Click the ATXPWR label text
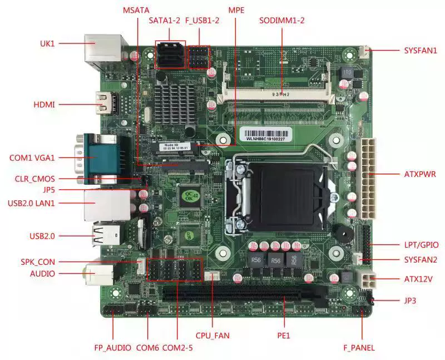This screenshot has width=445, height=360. [420, 174]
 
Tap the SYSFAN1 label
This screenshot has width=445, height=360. [421, 50]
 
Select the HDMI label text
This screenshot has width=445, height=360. [44, 105]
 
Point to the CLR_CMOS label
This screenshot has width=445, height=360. [36, 179]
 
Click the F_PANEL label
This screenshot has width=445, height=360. [359, 348]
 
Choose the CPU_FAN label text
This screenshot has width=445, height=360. [212, 336]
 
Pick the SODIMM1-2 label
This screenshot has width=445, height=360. [282, 21]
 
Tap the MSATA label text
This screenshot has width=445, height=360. [136, 11]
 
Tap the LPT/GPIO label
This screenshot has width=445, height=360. [421, 244]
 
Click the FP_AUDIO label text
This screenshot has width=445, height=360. [112, 348]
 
